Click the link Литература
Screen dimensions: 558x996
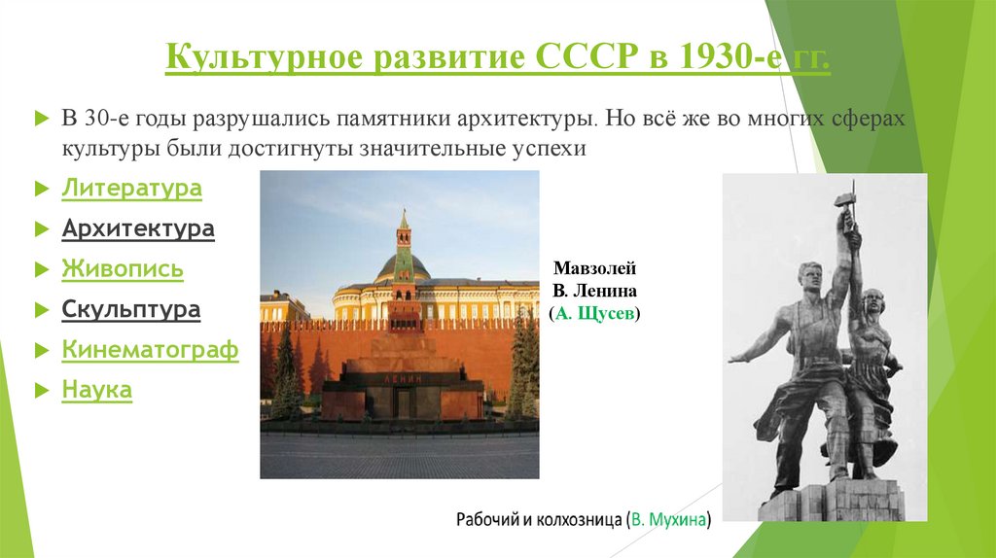(131, 189)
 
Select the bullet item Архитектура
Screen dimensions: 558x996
(138, 229)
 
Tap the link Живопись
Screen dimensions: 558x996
(123, 269)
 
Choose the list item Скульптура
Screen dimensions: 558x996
(131, 310)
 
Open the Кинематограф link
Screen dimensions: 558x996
(150, 350)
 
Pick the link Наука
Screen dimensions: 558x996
(96, 391)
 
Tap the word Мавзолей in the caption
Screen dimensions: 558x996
(594, 269)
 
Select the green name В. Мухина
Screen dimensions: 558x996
(670, 520)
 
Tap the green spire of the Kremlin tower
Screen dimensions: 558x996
(403, 222)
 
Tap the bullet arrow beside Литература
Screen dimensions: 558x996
(41, 190)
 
